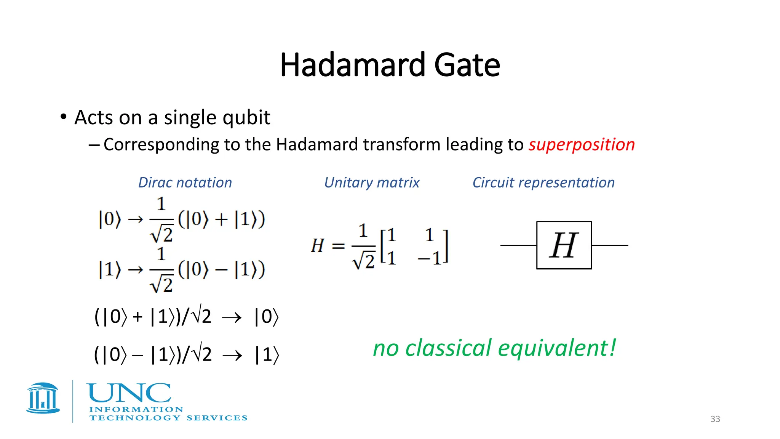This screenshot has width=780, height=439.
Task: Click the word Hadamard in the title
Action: pos(352,65)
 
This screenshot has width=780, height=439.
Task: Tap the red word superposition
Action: pos(582,145)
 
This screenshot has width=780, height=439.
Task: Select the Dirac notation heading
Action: pos(185,183)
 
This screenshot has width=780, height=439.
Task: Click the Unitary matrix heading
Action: pos(371,183)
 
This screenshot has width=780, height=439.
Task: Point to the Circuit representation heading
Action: pos(543,183)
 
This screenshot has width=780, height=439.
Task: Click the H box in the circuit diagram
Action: pos(564,245)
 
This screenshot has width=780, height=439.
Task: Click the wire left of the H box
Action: pos(518,245)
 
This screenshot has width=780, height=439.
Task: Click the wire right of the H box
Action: pos(609,245)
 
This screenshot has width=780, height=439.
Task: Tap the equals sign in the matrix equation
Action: pos(338,246)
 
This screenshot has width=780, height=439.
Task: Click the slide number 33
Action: pos(715,419)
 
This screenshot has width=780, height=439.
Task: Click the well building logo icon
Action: pos(43,398)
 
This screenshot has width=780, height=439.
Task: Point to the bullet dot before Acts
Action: pos(64,117)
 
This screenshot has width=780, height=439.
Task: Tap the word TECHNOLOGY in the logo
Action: pos(135,418)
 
